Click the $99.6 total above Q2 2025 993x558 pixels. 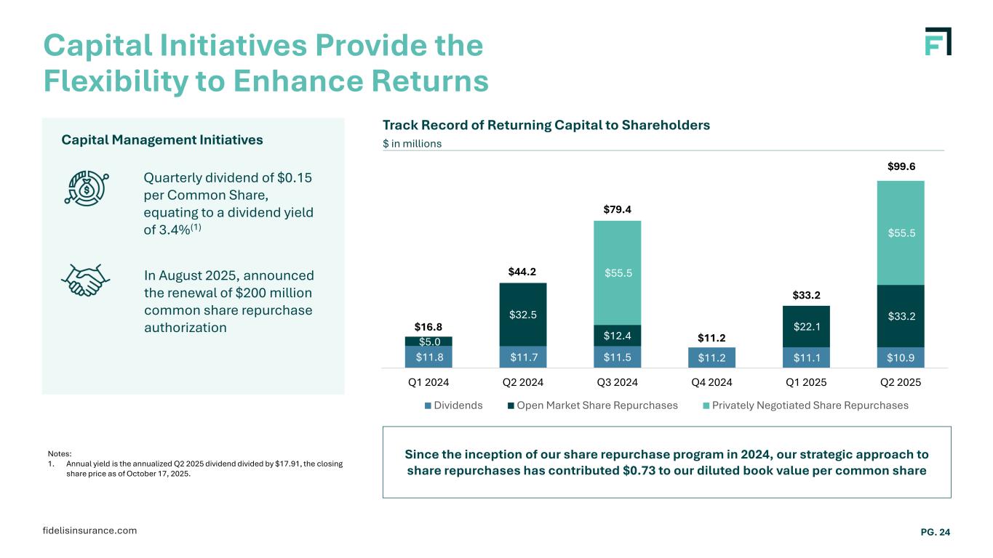[x=901, y=167]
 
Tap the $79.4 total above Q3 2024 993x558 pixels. [x=617, y=210]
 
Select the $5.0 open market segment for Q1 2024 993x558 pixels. [x=428, y=341]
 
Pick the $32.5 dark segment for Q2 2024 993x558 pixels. [x=522, y=315]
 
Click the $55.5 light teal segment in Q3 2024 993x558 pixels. [x=617, y=272]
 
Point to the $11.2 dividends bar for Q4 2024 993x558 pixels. [x=711, y=357]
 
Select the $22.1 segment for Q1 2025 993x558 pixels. [x=806, y=326]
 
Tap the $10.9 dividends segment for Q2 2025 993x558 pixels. [x=901, y=357]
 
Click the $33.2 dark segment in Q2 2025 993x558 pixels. [x=901, y=316]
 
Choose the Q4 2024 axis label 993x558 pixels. [x=711, y=381]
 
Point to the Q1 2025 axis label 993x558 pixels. [x=806, y=381]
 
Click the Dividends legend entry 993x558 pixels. [x=454, y=405]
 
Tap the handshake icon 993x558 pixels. [x=86, y=280]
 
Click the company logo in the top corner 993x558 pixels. [x=938, y=41]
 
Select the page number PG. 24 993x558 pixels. [x=936, y=533]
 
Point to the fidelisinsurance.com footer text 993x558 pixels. [x=89, y=530]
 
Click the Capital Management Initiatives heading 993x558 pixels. [x=162, y=139]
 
